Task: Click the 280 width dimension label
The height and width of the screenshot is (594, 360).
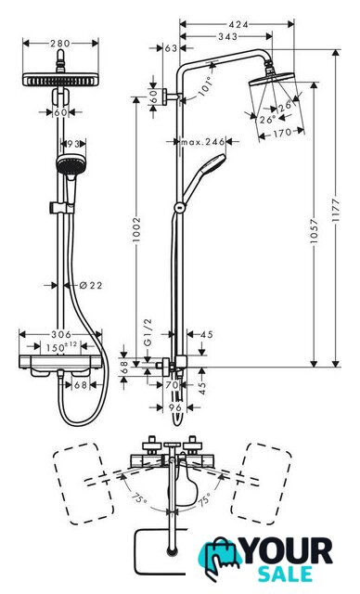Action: (x=60, y=44)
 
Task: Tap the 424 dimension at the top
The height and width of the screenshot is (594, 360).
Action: (x=238, y=25)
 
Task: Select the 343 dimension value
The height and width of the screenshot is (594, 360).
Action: (x=228, y=37)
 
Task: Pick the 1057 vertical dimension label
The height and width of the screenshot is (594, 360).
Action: (x=314, y=231)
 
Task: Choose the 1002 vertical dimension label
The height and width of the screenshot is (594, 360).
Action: (x=136, y=229)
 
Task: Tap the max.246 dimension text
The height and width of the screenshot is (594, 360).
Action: (x=203, y=142)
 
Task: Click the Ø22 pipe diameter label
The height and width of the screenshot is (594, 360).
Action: (x=91, y=285)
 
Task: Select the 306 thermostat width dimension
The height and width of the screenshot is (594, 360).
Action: (x=61, y=334)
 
